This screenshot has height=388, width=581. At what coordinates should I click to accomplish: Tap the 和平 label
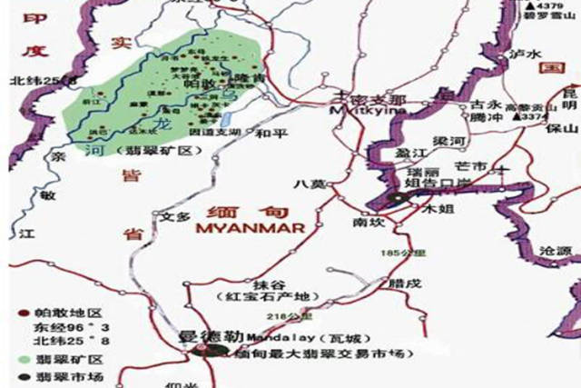271,134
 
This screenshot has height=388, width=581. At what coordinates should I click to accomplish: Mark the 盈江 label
409,154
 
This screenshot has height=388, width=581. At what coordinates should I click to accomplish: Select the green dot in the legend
11,360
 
